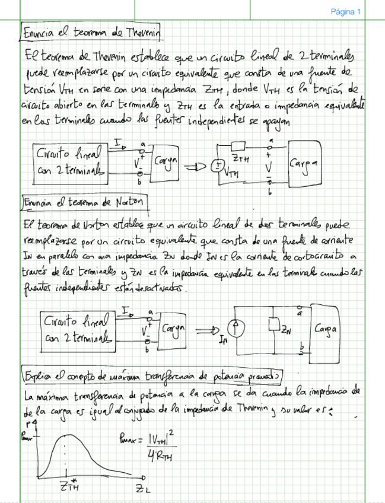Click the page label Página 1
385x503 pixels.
[x=345, y=11]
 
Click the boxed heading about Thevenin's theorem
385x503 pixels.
[x=91, y=30]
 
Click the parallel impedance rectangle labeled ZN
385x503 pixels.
[x=274, y=325]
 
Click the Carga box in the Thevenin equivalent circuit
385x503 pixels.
[x=304, y=163]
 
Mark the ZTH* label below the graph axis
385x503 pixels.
[x=68, y=487]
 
